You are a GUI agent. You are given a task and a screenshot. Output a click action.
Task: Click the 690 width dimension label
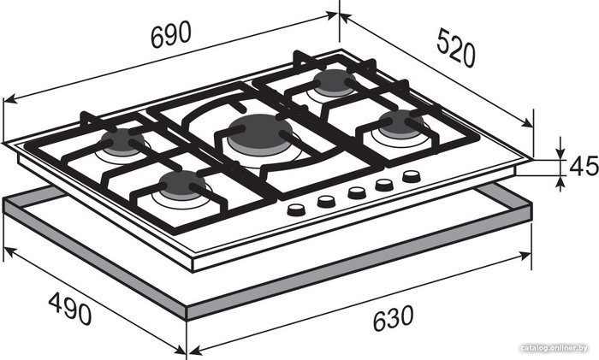171,35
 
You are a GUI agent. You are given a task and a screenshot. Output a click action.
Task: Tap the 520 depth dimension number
456,47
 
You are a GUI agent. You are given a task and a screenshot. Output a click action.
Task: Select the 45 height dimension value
584,166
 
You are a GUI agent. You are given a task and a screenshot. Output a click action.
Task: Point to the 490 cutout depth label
70,309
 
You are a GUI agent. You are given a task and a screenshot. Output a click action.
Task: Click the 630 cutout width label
393,318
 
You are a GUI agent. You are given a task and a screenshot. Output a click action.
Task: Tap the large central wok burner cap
261,131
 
